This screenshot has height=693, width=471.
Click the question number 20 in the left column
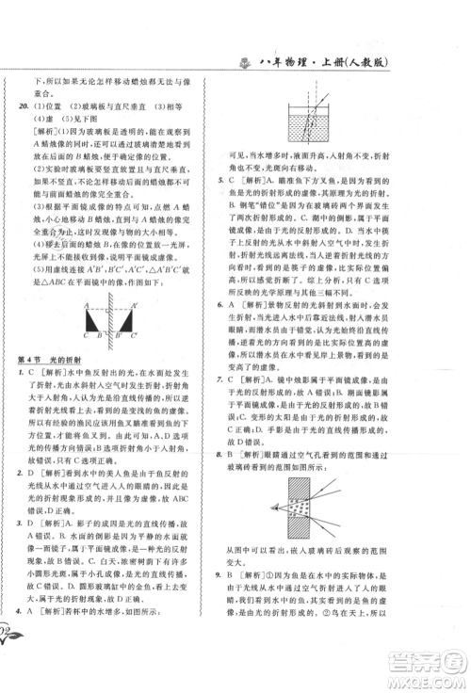23,107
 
